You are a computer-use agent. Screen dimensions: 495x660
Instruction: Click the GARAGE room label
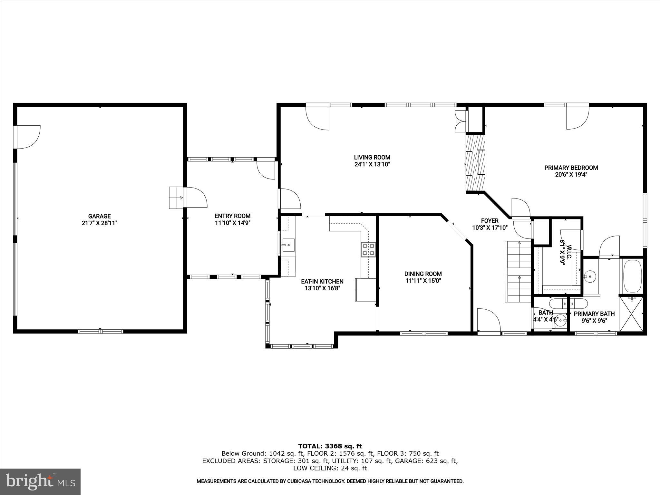99,216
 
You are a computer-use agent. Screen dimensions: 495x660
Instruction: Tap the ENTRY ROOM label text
232,216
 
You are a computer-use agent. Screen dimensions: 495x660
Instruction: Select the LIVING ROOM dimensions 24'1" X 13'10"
372,164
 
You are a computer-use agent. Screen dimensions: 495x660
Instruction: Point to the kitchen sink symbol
288,245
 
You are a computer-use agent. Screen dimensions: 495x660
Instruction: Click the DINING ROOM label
423,274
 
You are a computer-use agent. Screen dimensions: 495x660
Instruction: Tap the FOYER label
490,221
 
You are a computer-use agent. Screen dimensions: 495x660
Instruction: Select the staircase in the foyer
518,271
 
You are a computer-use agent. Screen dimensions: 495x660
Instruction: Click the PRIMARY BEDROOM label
571,168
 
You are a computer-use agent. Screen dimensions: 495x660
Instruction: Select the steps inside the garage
176,198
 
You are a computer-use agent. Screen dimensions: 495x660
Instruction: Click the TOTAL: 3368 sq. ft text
330,446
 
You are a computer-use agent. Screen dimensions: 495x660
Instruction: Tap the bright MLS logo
40,481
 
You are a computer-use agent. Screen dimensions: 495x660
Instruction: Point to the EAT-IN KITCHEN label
322,281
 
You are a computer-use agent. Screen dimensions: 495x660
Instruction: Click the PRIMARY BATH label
594,314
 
